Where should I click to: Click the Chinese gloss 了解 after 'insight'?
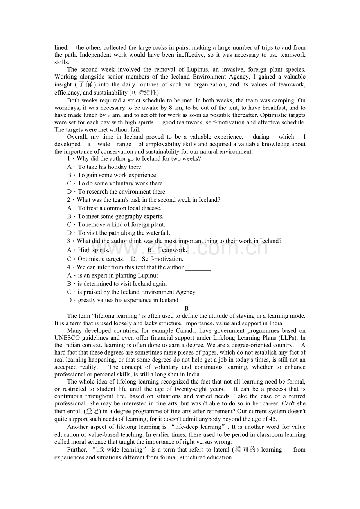click(x=84, y=84)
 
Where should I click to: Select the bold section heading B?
click(x=187, y=308)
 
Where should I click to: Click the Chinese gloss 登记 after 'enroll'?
click(x=92, y=411)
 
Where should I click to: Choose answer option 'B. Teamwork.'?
click(x=167, y=250)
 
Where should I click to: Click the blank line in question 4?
click(x=198, y=267)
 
